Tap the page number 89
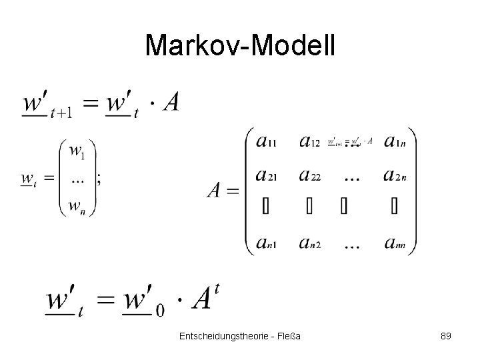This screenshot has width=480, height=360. point(446,336)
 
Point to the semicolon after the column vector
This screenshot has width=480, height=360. point(99,178)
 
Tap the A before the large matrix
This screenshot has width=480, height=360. point(215,191)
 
